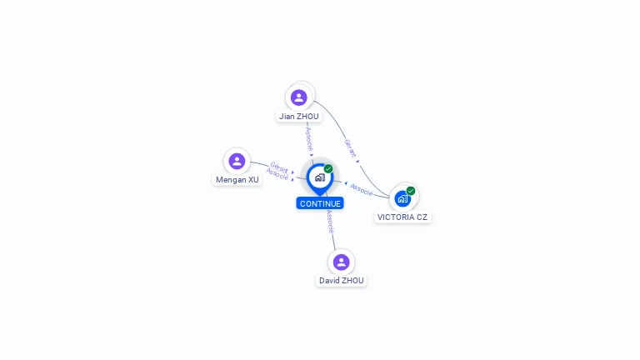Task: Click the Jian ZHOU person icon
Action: [x=299, y=97]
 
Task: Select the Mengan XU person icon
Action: [x=237, y=161]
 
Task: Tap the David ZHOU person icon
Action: [x=341, y=262]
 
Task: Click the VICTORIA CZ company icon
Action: [x=403, y=198]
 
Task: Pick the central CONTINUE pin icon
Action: [x=319, y=177]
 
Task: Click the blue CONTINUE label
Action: [x=320, y=203]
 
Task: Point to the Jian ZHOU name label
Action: [x=299, y=117]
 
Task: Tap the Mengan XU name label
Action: [x=237, y=179]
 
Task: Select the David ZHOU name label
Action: [x=341, y=281]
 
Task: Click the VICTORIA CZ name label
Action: [x=403, y=217]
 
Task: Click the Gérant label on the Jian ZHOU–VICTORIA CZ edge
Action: [x=351, y=149]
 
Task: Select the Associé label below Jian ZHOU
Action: [x=308, y=137]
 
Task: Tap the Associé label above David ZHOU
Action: [x=331, y=221]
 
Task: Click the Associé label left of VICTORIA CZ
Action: [x=362, y=189]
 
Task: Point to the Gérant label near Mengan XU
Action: [x=279, y=167]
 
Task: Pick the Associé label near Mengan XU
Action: [x=277, y=175]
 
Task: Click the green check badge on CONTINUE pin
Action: [x=328, y=168]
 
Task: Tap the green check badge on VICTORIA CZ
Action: [x=411, y=191]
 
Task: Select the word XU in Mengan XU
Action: [x=252, y=179]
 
